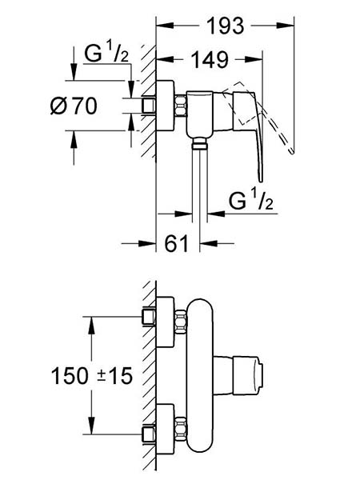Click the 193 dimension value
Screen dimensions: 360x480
click(226, 26)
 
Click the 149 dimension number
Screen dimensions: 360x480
click(210, 59)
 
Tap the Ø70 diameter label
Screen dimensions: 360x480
click(74, 106)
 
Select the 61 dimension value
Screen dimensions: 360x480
click(176, 244)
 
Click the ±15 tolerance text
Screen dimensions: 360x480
click(114, 376)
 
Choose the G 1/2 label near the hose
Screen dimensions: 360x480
click(251, 199)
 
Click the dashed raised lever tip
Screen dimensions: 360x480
click(292, 151)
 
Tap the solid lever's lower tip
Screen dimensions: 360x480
click(260, 179)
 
